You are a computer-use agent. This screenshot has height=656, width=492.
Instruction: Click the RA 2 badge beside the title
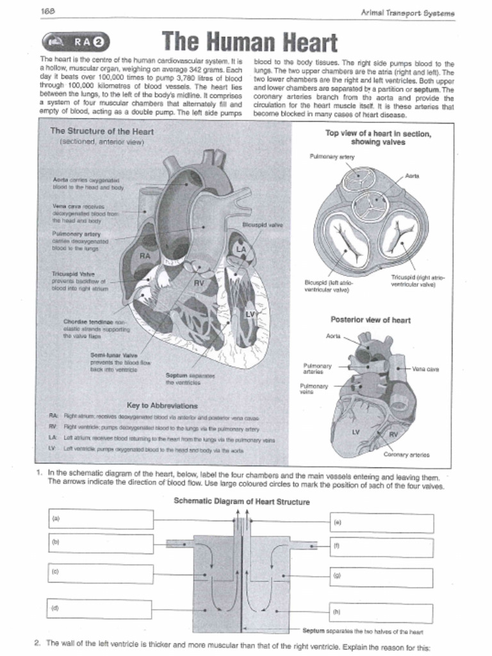coord(76,42)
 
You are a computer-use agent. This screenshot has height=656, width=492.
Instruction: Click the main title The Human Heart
coord(249,42)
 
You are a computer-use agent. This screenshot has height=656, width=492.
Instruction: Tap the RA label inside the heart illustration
coord(145,256)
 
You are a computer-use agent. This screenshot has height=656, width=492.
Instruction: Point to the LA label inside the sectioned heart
coord(241,249)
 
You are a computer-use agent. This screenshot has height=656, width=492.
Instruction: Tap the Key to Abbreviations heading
coord(162,406)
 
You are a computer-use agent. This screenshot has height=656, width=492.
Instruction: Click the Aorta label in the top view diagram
coord(413,176)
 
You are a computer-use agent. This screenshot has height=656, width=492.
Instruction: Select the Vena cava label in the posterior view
coord(425,369)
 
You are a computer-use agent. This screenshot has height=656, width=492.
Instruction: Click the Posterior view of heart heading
coord(370,320)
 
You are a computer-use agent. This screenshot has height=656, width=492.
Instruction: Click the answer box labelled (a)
coord(101,519)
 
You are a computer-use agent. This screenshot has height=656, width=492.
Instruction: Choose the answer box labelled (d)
coord(100,608)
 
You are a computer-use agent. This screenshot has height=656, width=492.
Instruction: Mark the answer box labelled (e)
coord(381,523)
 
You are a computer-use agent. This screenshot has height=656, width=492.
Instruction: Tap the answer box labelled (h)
coord(381,612)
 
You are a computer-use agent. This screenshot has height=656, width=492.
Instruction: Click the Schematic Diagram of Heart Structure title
coord(242,502)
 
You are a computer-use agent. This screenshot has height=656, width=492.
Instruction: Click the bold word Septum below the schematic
coord(314,632)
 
